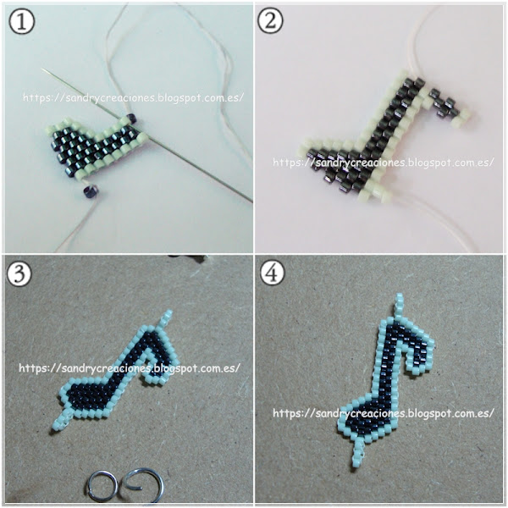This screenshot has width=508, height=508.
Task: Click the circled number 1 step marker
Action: coord(22,21)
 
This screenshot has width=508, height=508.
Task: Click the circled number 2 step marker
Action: coord(270,20)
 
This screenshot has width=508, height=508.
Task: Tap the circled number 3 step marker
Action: coord(19,273)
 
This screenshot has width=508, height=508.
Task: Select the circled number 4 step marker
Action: coord(273,272)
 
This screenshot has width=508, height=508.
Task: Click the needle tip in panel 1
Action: coord(43,69)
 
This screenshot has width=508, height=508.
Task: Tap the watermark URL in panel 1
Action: coord(133,97)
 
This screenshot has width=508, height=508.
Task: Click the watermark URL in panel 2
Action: coord(384,162)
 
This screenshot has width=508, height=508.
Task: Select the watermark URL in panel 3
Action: coord(130,368)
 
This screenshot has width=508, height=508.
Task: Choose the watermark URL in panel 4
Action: coord(384,413)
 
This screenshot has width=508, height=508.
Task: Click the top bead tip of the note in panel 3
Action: coord(166,318)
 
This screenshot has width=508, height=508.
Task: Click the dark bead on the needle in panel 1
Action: coord(132,119)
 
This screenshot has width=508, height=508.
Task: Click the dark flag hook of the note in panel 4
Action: coord(416,351)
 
